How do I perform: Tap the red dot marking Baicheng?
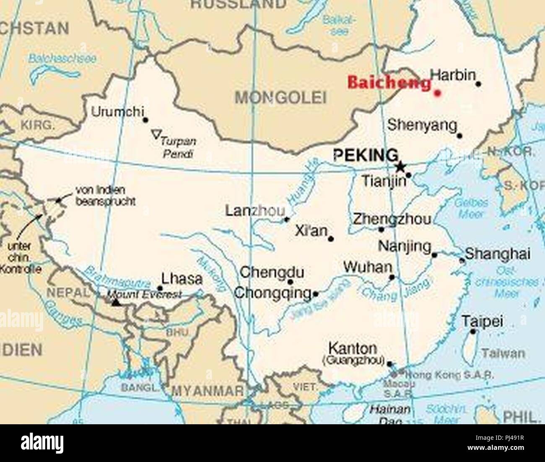(437, 93)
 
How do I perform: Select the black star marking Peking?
(400, 166)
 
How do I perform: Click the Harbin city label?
(453, 75)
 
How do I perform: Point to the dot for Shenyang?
(459, 135)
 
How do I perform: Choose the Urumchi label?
(117, 112)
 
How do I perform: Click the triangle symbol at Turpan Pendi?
(156, 135)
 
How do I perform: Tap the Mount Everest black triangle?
(116, 302)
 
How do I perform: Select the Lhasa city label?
(182, 279)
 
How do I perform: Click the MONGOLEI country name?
(280, 98)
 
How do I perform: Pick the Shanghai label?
(498, 254)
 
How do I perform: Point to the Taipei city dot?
(473, 332)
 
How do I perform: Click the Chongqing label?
(273, 293)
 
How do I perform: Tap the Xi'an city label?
(311, 231)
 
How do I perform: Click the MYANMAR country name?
(208, 391)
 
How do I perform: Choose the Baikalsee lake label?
(339, 25)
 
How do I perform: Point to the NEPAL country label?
(67, 293)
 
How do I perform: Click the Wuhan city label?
(367, 267)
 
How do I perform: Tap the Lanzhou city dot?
(287, 219)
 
